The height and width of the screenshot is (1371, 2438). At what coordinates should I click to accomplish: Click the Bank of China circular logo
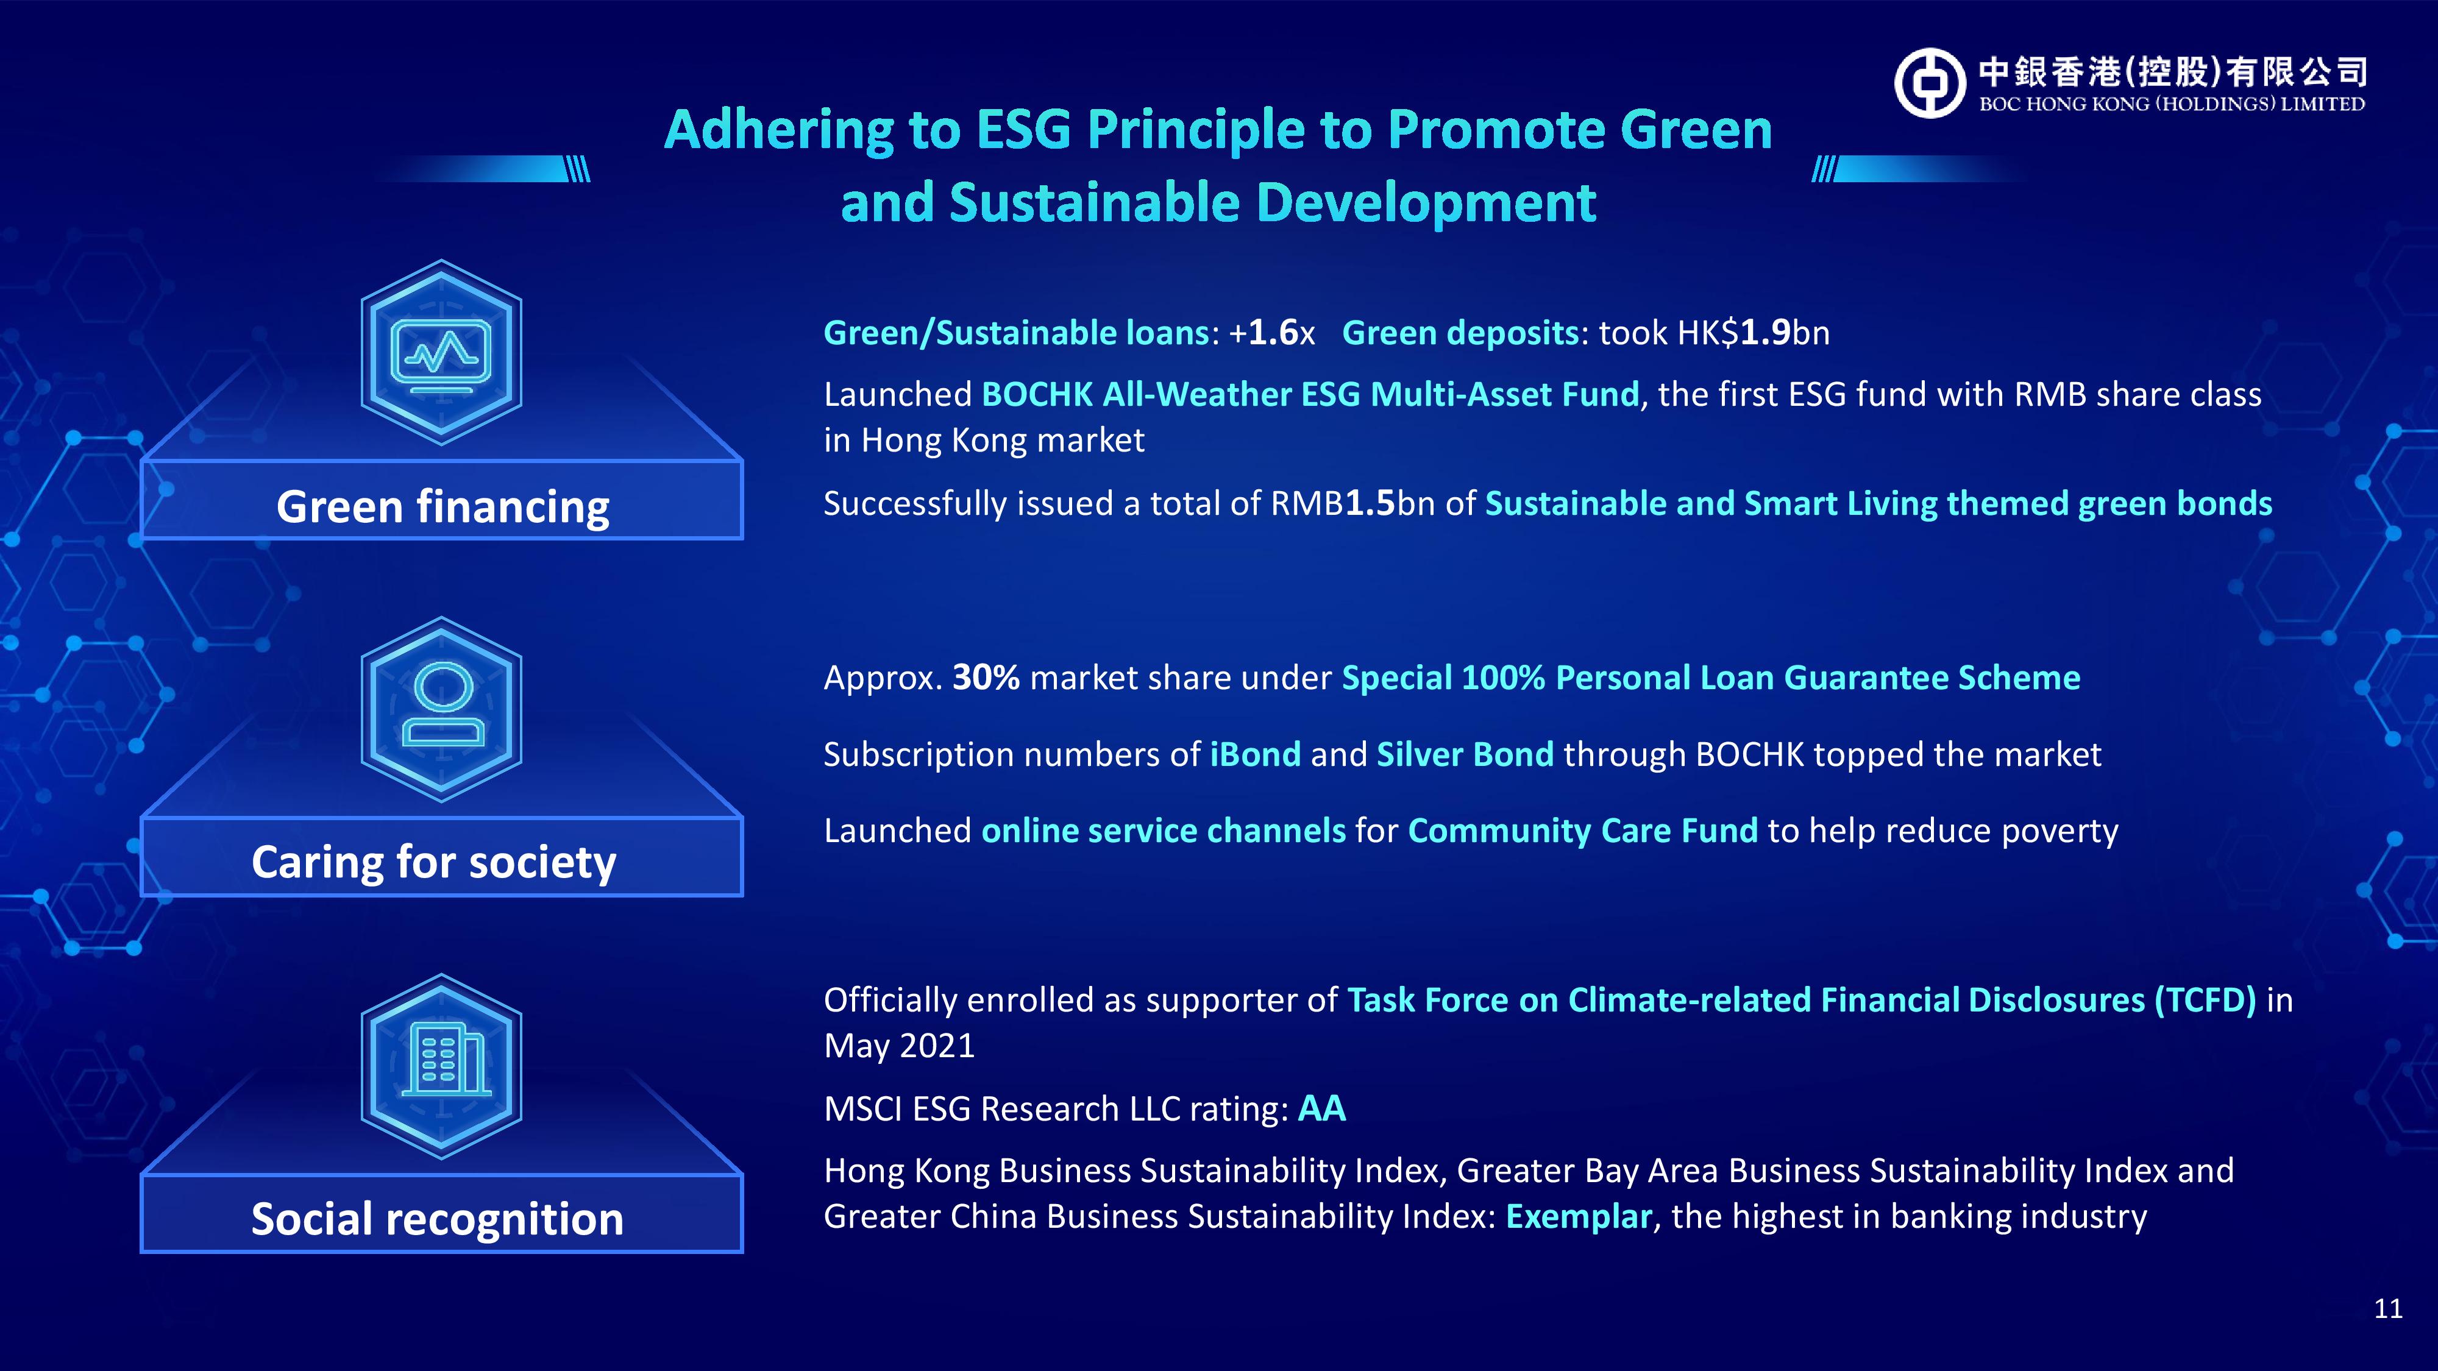pos(1930,83)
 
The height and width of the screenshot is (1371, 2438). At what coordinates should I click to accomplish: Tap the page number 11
pos(2388,1309)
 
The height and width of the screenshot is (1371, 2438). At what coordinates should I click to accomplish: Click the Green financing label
pos(442,507)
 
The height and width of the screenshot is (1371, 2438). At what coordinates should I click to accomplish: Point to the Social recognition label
pos(437,1219)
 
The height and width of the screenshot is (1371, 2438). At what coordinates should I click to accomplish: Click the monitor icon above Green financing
pos(441,356)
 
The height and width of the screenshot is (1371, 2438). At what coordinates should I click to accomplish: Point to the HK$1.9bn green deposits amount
pos(1754,332)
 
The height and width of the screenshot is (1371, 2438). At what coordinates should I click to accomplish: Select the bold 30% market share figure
pos(985,678)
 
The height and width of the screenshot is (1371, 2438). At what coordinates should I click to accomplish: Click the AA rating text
pos(1321,1108)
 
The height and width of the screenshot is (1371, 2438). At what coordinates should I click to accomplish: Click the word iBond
pos(1255,754)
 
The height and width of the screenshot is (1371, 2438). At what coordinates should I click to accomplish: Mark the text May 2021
pos(899,1046)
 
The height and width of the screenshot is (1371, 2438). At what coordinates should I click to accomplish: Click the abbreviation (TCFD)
pos(2205,1000)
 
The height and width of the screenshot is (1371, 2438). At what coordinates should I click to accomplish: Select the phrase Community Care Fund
pos(1582,831)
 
